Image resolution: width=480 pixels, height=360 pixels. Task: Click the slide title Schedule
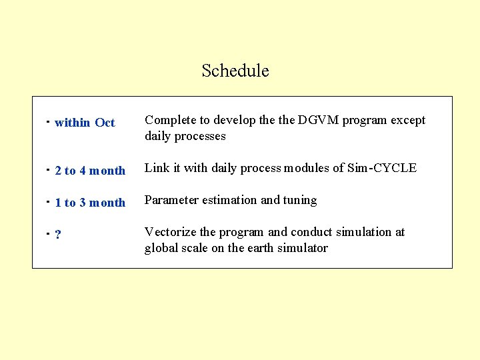click(x=235, y=71)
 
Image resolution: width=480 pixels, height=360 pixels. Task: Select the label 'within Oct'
click(x=85, y=123)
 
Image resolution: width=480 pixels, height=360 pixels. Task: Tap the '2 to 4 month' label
click(x=90, y=171)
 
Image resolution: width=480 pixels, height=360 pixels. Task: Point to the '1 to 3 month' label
click(x=90, y=203)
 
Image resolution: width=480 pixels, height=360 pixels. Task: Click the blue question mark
click(x=59, y=235)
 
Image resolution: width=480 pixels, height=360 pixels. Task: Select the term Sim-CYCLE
click(x=382, y=168)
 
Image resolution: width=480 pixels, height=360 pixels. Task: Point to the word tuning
click(x=300, y=200)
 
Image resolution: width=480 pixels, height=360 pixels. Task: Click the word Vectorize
click(x=170, y=232)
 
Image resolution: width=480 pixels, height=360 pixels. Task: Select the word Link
click(x=157, y=168)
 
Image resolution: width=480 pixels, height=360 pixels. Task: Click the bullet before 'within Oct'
click(x=48, y=123)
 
